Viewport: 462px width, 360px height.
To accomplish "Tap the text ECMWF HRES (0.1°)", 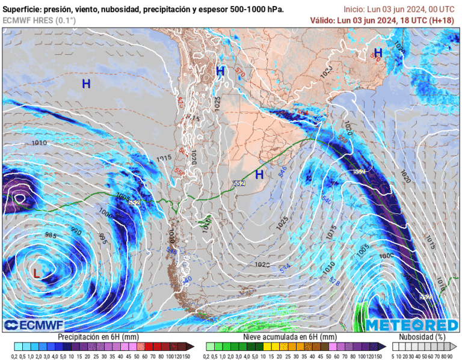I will coord(39,20).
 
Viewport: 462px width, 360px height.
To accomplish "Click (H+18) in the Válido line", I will coord(442,20).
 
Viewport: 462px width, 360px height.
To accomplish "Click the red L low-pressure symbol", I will coord(37,273).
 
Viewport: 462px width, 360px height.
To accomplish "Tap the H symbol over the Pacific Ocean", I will coord(86,84).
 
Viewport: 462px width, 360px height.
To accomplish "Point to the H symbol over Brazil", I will coord(378,53).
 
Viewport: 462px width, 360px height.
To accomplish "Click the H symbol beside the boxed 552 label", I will coord(259,175).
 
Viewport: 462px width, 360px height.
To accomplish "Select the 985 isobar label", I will coord(51,236).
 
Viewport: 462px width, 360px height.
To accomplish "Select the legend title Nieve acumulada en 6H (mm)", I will coord(290,337).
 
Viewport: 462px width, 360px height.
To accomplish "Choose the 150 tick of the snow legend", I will coord(380,356).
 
